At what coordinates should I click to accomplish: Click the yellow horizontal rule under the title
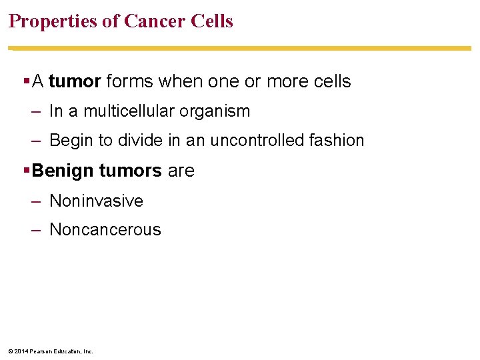(x=240, y=48)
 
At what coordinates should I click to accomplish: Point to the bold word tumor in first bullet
(x=75, y=81)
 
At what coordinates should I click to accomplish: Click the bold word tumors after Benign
(x=130, y=171)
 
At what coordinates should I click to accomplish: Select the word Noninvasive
(x=96, y=201)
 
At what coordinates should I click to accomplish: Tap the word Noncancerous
(x=105, y=230)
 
